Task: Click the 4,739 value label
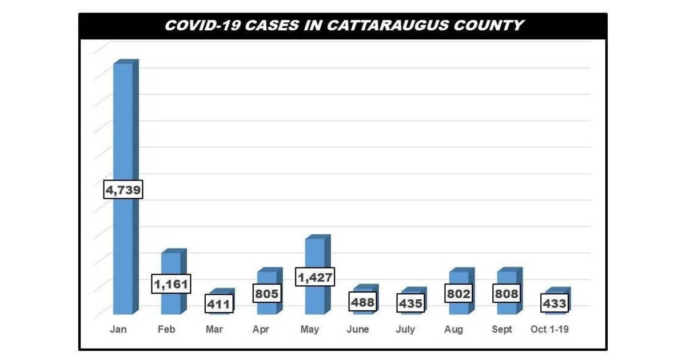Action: [x=123, y=190]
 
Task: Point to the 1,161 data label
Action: [x=171, y=284]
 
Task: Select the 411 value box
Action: [x=219, y=304]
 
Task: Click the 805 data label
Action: [x=267, y=294]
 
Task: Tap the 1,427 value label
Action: [x=315, y=278]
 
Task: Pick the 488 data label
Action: [x=362, y=302]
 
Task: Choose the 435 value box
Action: [x=410, y=303]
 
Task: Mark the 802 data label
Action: [x=458, y=294]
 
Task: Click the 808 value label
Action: [x=506, y=294]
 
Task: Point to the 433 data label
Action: [x=555, y=303]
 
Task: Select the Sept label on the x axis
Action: [x=502, y=330]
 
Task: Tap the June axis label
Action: [x=358, y=330]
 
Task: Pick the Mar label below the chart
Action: [x=214, y=330]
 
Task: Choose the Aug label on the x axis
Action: [x=454, y=330]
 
